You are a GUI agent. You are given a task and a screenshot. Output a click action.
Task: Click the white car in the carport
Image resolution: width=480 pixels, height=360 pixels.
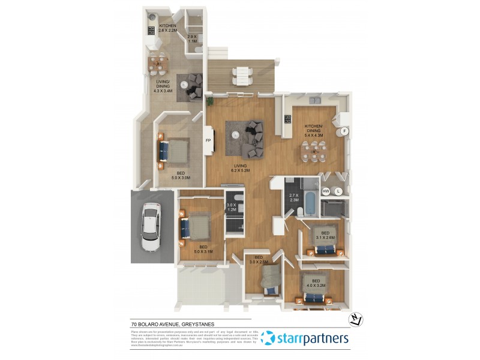(x=150, y=227)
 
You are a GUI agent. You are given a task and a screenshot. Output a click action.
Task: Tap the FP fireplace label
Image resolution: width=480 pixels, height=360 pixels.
(x=209, y=141)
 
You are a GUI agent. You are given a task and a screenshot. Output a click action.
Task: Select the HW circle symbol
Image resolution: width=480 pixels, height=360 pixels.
(x=326, y=191)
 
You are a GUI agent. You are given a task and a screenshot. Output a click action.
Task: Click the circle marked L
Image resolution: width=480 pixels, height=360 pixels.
(x=338, y=191)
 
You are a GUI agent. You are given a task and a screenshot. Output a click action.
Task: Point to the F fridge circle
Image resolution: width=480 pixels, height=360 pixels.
(x=344, y=131)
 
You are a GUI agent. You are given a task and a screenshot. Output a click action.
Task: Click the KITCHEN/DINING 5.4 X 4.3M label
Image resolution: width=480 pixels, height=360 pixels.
(x=313, y=130)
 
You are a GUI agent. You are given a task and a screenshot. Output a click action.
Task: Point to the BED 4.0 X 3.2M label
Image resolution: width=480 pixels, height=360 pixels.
(x=316, y=283)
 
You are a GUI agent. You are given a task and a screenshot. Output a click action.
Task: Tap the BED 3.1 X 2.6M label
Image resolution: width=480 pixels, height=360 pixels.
(x=325, y=235)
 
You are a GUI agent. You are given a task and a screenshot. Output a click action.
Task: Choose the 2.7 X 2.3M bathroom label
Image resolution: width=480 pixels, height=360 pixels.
(x=293, y=199)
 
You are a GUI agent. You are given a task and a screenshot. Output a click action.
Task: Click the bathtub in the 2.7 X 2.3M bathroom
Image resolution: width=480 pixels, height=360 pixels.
(x=310, y=203)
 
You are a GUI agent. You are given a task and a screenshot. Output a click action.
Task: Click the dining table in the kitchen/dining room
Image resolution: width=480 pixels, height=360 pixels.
(x=313, y=154)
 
